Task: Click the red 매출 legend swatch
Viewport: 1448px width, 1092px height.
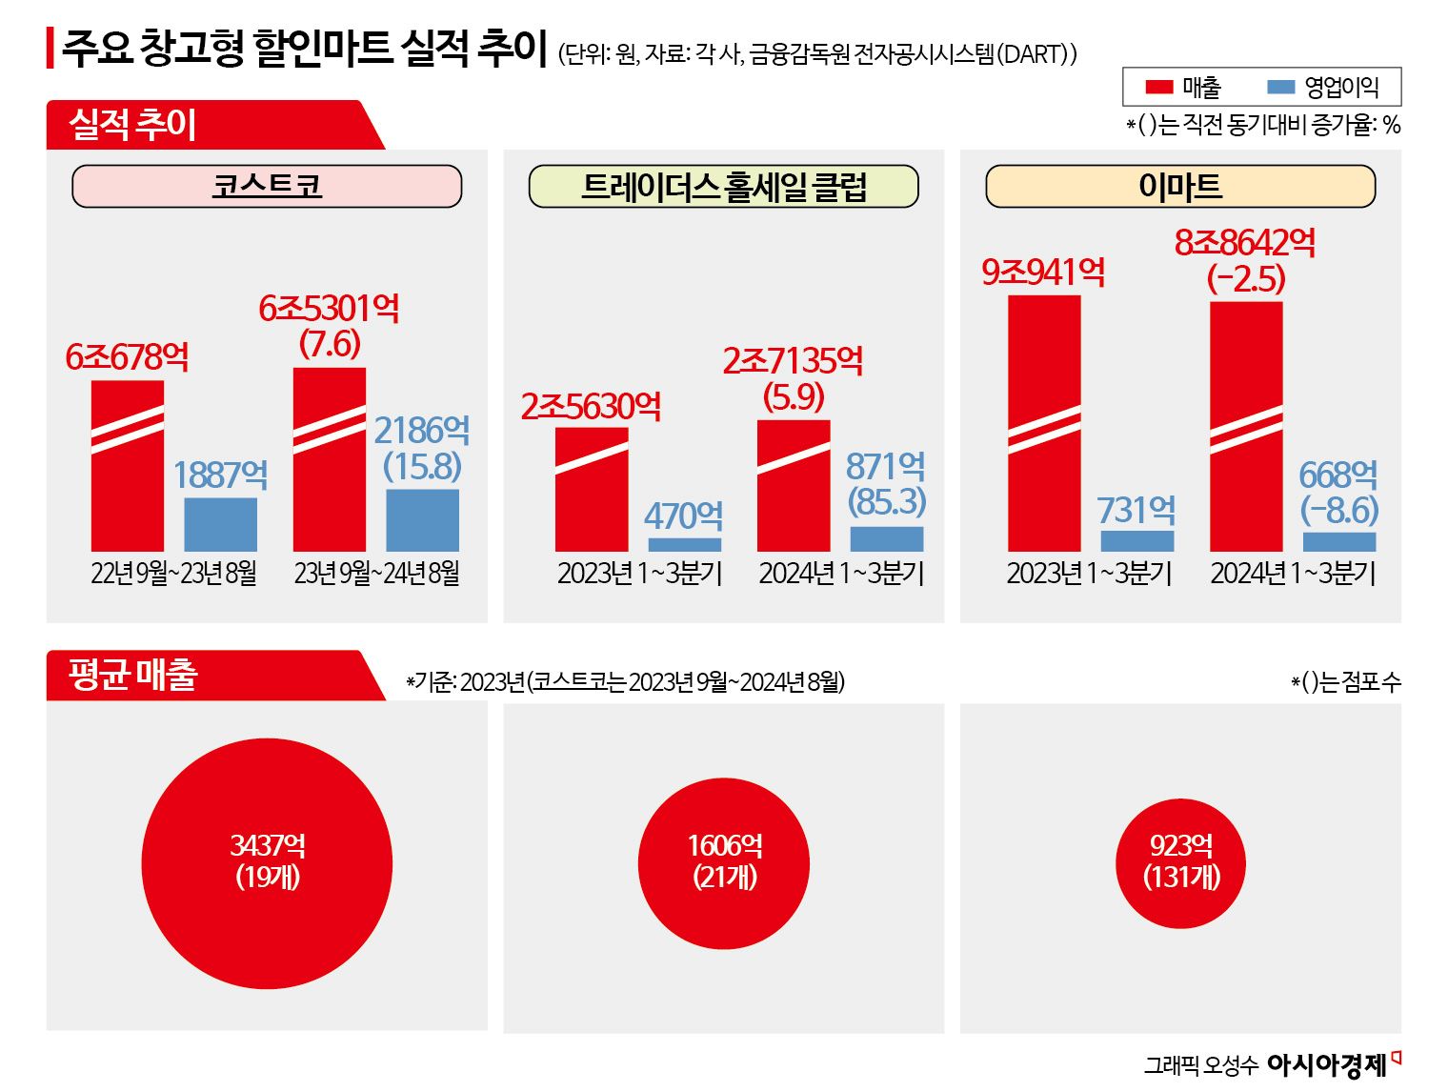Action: (x=1158, y=88)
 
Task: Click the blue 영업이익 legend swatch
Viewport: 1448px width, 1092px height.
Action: (x=1280, y=88)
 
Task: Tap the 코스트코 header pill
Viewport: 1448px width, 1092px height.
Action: (x=267, y=186)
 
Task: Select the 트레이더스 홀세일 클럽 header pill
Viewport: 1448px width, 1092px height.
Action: (x=723, y=186)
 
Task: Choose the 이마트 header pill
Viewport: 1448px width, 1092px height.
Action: (x=1180, y=186)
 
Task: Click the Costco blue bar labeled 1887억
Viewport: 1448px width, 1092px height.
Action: (x=220, y=524)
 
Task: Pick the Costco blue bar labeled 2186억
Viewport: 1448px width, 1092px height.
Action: (x=422, y=519)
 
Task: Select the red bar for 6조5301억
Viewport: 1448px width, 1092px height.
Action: (x=330, y=459)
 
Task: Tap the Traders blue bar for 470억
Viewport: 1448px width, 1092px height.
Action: (x=684, y=544)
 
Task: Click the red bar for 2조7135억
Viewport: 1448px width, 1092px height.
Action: (x=794, y=486)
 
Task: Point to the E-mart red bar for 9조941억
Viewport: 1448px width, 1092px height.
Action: (x=1044, y=423)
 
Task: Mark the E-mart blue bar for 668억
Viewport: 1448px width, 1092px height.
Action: (x=1338, y=541)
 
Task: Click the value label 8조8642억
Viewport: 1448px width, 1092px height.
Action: (x=1245, y=243)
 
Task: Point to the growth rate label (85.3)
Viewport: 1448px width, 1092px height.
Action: (x=886, y=501)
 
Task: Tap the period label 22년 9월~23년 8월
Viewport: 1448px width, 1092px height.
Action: (x=173, y=573)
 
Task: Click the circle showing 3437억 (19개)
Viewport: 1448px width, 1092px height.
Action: (x=267, y=863)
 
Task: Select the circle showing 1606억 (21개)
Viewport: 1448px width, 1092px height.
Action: (x=724, y=863)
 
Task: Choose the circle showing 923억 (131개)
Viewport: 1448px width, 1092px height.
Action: (x=1181, y=863)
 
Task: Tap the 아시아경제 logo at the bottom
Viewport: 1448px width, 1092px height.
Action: (x=1326, y=1064)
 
